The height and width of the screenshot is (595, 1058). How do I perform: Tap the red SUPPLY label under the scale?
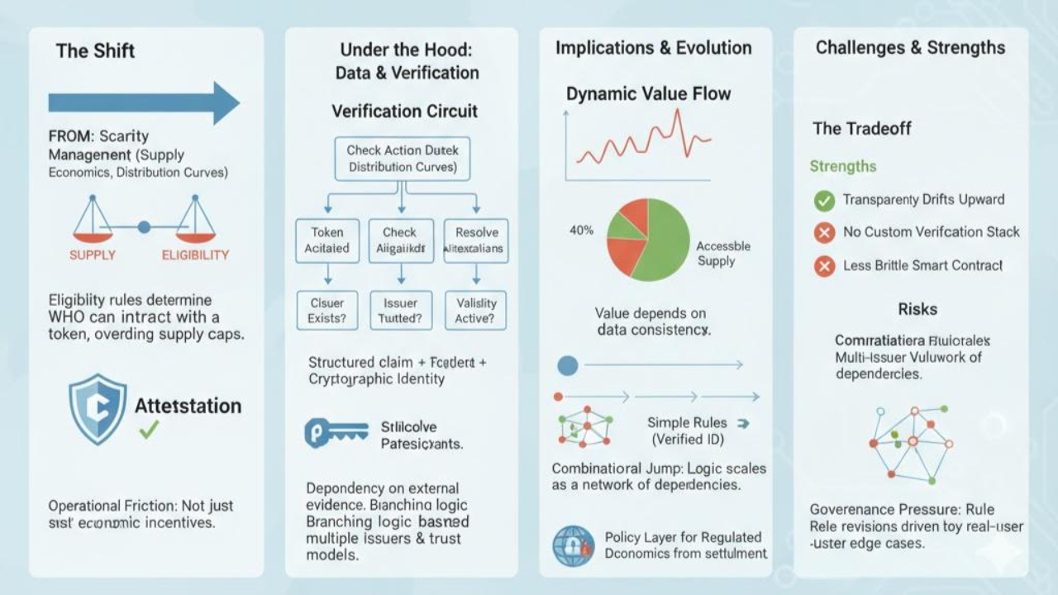(93, 255)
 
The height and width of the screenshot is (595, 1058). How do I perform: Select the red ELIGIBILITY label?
(195, 255)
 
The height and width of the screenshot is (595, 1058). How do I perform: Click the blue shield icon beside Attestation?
(98, 409)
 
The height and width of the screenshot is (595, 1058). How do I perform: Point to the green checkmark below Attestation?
(149, 430)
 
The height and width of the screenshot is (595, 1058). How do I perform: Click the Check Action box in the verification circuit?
(403, 159)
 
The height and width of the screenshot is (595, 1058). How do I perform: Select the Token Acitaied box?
(327, 240)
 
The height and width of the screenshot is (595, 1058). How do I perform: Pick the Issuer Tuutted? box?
(400, 311)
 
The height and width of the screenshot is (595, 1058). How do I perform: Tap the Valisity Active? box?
(476, 311)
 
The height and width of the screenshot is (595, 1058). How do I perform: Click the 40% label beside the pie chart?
(581, 231)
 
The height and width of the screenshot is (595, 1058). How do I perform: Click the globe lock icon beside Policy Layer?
(572, 545)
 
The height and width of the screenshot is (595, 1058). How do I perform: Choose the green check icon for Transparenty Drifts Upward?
(824, 200)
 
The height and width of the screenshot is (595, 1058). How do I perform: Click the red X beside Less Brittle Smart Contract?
(824, 266)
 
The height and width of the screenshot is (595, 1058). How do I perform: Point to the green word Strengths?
(842, 166)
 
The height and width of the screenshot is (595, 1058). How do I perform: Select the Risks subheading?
(917, 309)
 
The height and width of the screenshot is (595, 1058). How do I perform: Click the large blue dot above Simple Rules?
(567, 364)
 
